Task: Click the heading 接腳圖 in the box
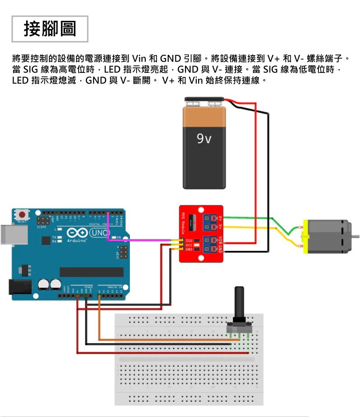click(50, 29)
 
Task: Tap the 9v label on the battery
click(204, 138)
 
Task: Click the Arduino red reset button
click(21, 214)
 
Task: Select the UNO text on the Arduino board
click(99, 233)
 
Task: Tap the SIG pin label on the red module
click(189, 240)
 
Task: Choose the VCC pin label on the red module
click(189, 244)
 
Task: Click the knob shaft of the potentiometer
click(238, 303)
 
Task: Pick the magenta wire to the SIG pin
click(140, 240)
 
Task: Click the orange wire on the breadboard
click(163, 339)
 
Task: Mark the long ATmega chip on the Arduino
click(91, 272)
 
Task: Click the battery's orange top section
click(204, 117)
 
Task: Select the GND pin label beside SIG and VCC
click(189, 249)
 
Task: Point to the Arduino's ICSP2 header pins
click(43, 222)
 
